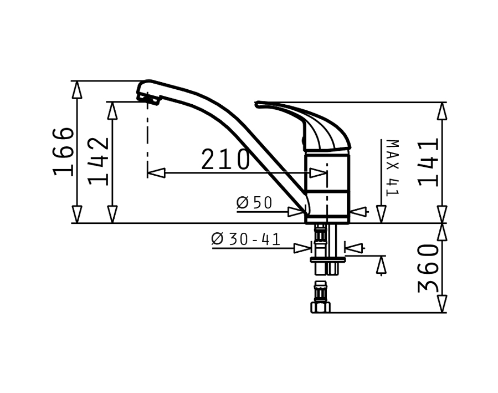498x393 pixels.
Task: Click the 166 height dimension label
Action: (63, 152)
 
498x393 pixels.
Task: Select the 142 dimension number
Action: (98, 161)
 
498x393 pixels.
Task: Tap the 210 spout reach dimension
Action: (226, 159)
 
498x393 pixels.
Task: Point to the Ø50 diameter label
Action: (254, 203)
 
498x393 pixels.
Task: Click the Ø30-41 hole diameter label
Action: (246, 239)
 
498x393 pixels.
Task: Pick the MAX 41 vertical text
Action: (393, 168)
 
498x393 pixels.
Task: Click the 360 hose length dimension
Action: (428, 268)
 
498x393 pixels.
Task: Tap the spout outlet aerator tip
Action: (148, 99)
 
